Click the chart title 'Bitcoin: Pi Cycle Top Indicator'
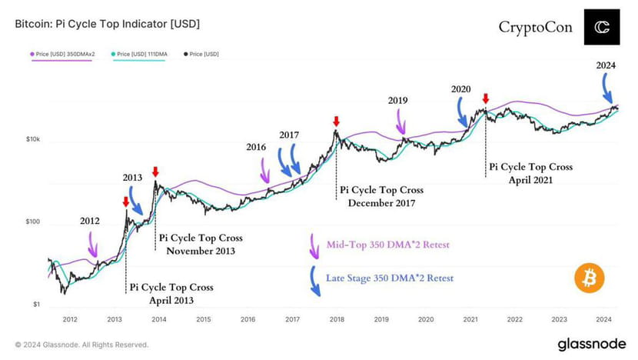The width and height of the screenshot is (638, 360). (107, 25)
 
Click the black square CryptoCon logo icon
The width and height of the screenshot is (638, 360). (601, 28)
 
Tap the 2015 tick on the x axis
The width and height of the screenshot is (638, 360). (203, 318)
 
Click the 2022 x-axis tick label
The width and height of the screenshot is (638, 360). (514, 318)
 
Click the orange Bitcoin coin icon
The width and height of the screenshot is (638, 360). (589, 278)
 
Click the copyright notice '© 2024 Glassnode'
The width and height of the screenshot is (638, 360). (81, 345)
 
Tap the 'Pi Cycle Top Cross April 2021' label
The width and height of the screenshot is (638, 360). (530, 172)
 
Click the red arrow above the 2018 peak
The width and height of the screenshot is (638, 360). (336, 122)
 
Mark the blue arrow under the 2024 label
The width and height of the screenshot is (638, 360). (608, 92)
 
